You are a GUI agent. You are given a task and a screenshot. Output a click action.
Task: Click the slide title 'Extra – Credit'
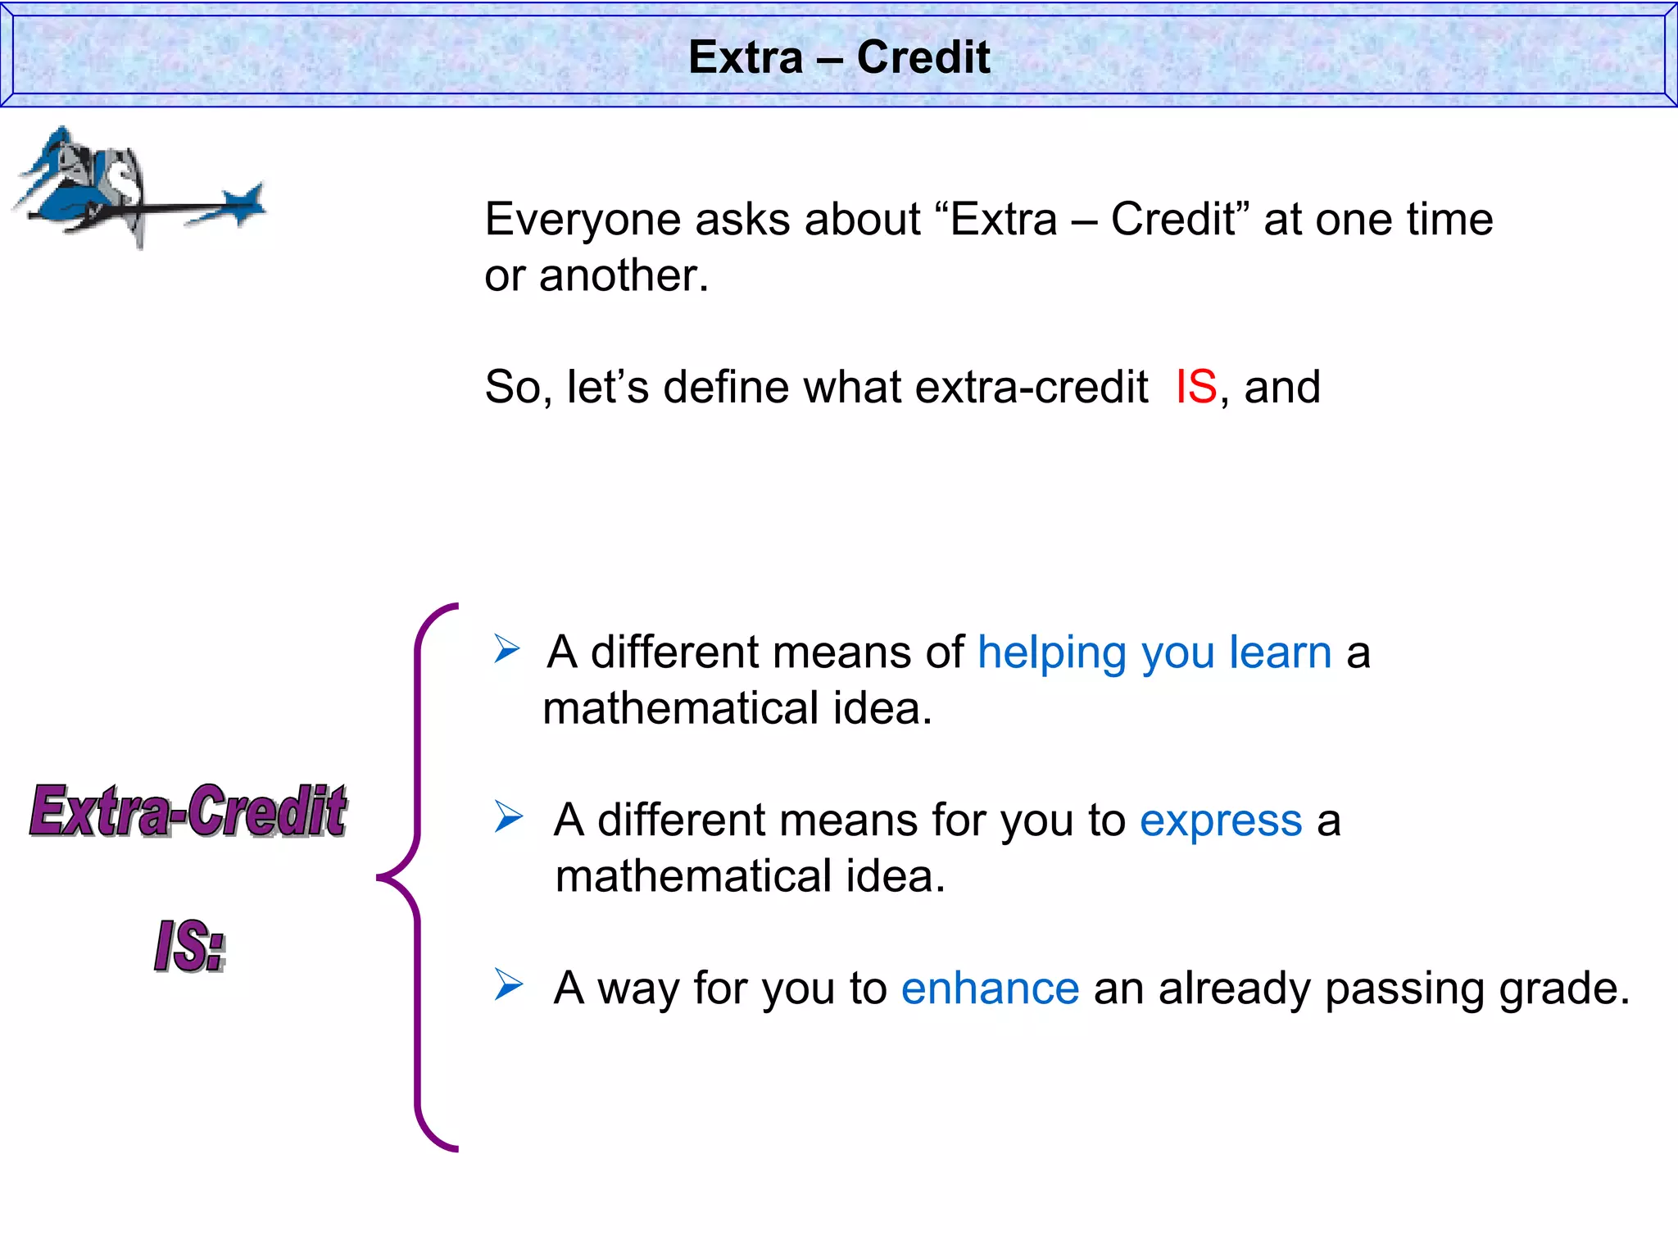pos(839,57)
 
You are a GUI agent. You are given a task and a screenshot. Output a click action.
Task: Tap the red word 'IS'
pos(1196,386)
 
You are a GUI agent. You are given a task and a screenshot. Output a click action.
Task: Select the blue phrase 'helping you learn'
pos(1154,653)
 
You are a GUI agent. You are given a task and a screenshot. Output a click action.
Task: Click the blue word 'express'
pos(1221,820)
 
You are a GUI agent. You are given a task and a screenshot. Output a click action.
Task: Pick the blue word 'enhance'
pos(990,989)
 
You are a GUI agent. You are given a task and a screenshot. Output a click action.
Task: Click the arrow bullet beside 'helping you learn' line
pos(507,649)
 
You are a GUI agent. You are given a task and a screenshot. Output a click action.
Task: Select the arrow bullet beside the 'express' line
pos(508,817)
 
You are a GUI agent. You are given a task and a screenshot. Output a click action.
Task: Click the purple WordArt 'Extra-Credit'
pos(188,811)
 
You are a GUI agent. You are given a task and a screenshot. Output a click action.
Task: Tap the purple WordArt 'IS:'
pos(189,946)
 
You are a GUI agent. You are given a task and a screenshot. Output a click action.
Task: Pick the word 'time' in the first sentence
pos(1449,220)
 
